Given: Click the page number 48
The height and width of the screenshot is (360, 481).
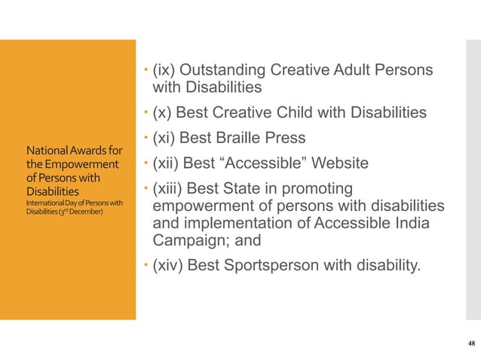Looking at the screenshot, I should point(471,343).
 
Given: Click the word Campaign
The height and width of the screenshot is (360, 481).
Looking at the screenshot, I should point(185,241).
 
